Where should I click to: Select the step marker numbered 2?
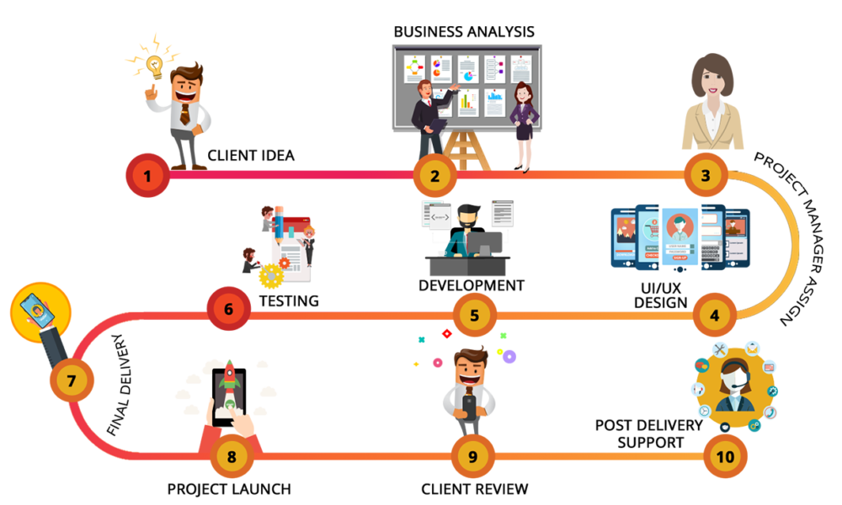point(434,176)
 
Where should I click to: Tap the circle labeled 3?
point(705,175)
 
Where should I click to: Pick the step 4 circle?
point(715,316)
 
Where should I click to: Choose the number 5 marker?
point(474,316)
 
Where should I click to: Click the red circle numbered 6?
point(228,308)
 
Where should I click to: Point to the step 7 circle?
point(71,380)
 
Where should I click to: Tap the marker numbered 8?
point(232,457)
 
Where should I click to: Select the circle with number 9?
point(472,457)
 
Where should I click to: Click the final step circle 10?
point(725,457)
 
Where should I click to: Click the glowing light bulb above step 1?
point(154,64)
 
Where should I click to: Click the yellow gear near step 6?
point(270,275)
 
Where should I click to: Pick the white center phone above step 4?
point(679,237)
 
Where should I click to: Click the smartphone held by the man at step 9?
point(469,406)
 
